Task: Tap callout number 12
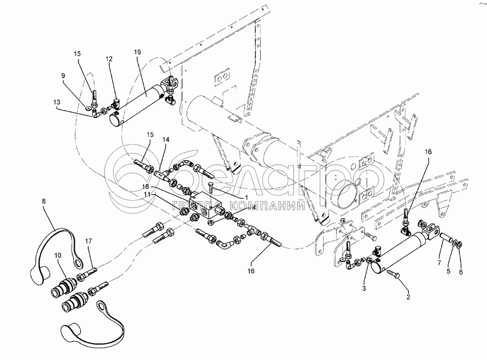109,59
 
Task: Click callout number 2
409,297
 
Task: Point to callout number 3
364,289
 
